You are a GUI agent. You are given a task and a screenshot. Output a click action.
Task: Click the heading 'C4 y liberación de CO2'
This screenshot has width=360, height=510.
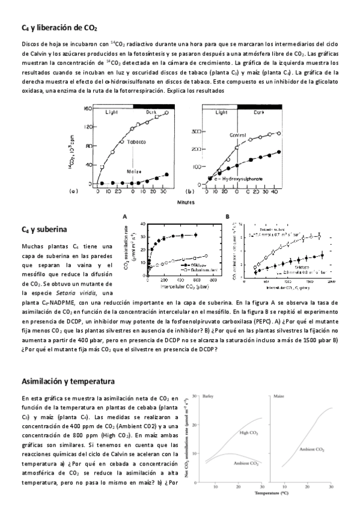pos(59,28)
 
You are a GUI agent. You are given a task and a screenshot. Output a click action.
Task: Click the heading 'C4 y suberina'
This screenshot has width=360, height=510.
pos(44,230)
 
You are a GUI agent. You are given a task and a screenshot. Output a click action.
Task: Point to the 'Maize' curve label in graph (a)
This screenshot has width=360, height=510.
pos(133,171)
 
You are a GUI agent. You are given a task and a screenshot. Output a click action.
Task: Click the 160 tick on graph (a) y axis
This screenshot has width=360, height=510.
pos(87,109)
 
